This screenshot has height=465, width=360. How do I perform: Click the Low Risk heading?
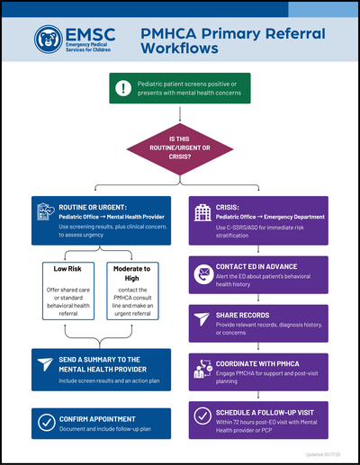[x=67, y=270]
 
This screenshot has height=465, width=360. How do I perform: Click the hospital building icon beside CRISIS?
[x=202, y=212]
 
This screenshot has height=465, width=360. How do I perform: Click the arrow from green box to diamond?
[x=180, y=113]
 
